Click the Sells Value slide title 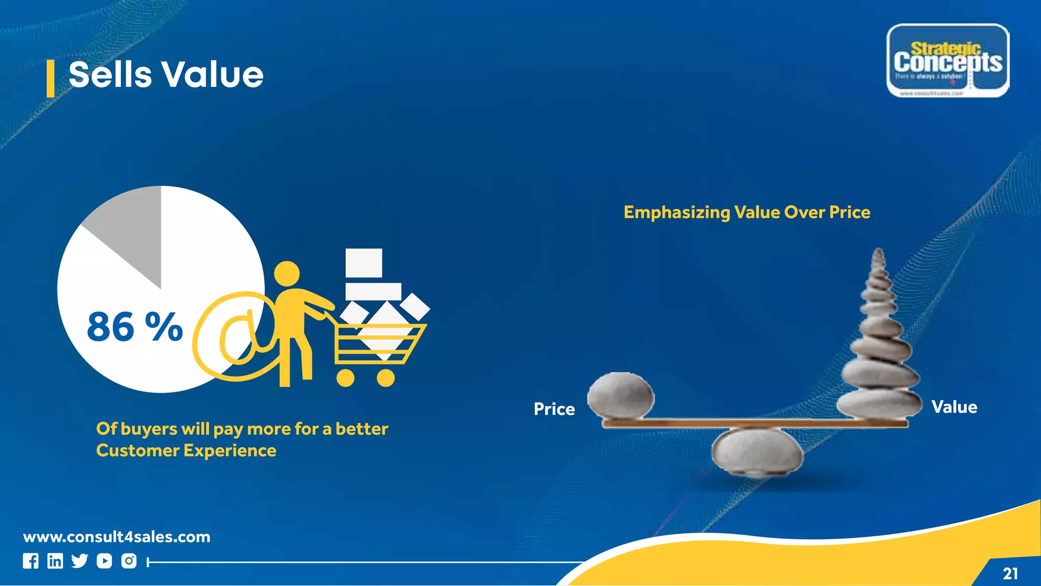point(166,75)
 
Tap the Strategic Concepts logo point(947,60)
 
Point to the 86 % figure point(135,326)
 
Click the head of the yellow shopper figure point(287,274)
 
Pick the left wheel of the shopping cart point(346,378)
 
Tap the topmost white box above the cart point(363,263)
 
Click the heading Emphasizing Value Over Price point(747,212)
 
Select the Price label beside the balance point(554,409)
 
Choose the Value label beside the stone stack point(954,407)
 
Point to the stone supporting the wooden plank point(757,452)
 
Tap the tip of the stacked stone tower point(878,253)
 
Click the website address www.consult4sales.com point(117,537)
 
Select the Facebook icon point(30,561)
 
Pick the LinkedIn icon point(55,561)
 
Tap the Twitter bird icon point(80,561)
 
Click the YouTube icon point(104,561)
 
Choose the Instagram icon point(129,561)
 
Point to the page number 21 point(1010,574)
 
